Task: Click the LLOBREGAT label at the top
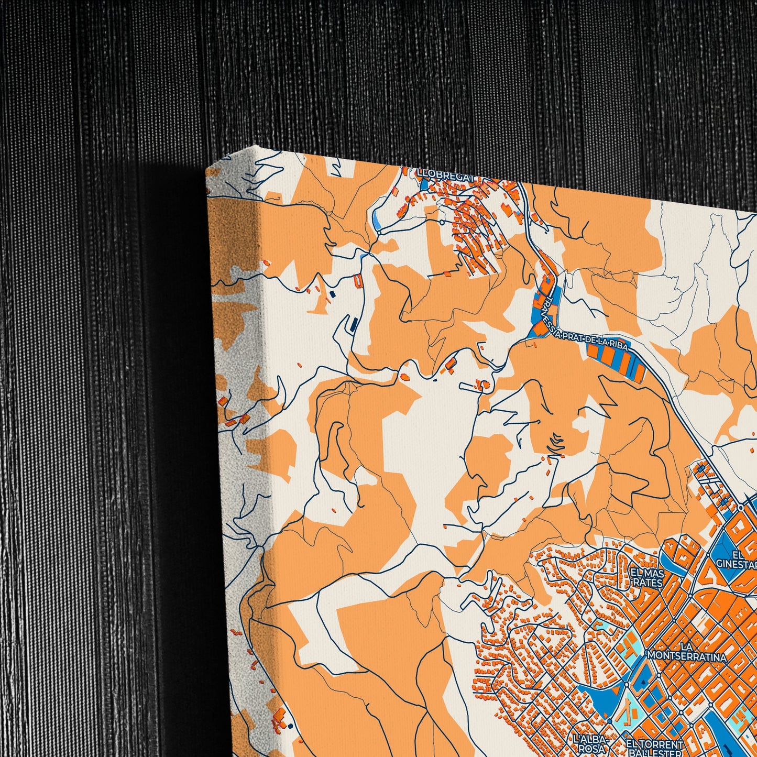click(445, 173)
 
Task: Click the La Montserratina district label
click(687, 651)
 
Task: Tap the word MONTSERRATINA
click(687, 656)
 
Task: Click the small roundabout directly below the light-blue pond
click(379, 231)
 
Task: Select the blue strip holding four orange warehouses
click(616, 361)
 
